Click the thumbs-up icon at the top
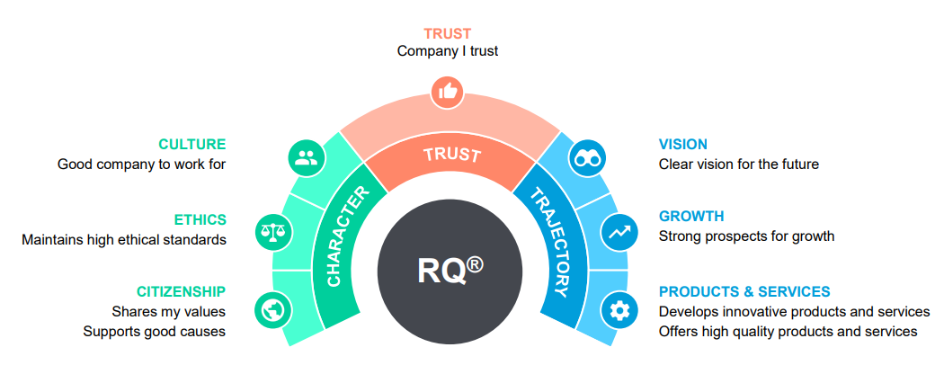[x=447, y=90]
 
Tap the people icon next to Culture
[x=305, y=158]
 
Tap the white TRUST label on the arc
[x=452, y=155]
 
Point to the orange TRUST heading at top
[x=448, y=34]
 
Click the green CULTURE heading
[x=192, y=144]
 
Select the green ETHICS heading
[x=200, y=219]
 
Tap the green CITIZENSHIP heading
[x=181, y=291]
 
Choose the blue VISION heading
[x=683, y=144]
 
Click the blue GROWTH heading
[x=691, y=216]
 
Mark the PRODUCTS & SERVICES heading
[x=744, y=291]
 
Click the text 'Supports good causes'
[x=155, y=331]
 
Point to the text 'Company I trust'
[x=448, y=51]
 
